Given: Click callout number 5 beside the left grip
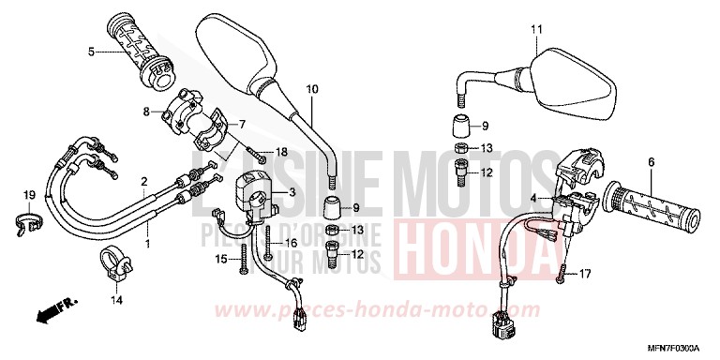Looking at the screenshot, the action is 91,52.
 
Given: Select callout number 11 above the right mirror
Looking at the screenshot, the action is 535,31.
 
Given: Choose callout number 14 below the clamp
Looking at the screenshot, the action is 117,300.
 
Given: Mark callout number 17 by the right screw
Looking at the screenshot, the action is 586,274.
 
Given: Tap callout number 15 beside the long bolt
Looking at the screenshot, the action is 222,258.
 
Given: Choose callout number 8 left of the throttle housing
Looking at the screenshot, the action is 146,112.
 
